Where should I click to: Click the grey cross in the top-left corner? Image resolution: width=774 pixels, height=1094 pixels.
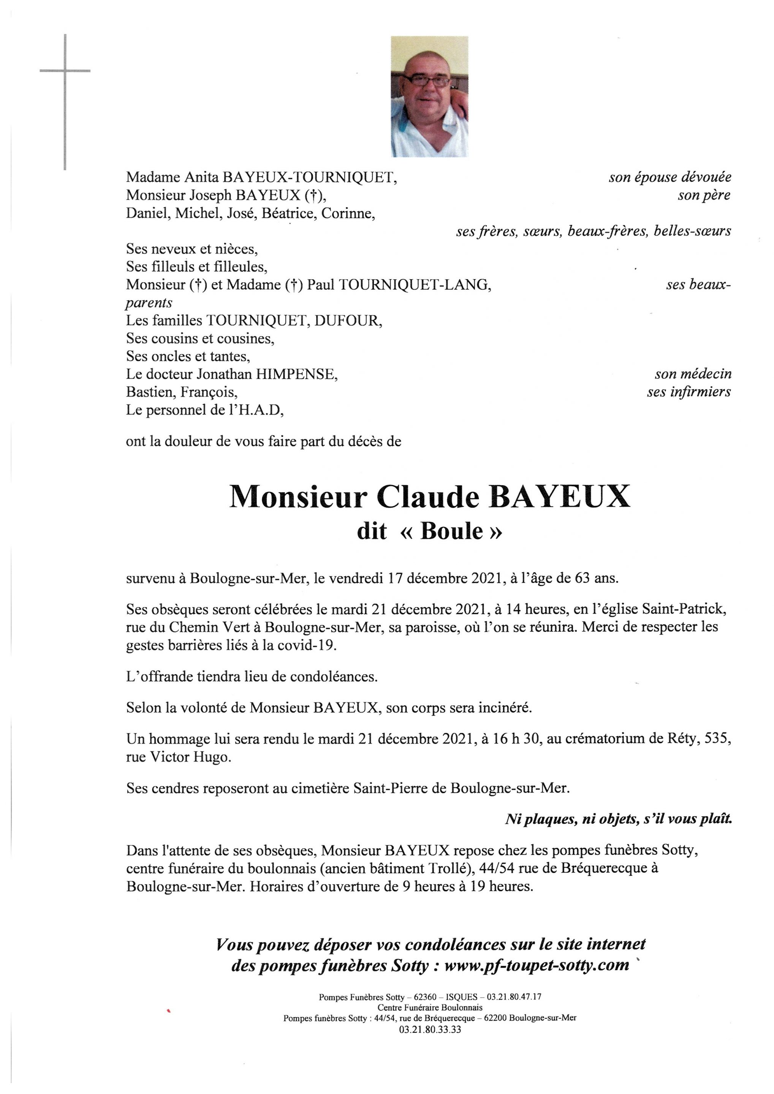click(x=65, y=71)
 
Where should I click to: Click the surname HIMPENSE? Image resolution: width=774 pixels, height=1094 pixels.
click(x=296, y=374)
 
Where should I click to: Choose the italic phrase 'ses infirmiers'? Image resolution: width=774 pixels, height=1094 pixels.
click(x=688, y=392)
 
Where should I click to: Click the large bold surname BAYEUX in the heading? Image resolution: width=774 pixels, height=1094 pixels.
click(x=560, y=496)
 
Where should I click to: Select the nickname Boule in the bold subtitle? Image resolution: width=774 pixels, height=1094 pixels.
click(x=451, y=531)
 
